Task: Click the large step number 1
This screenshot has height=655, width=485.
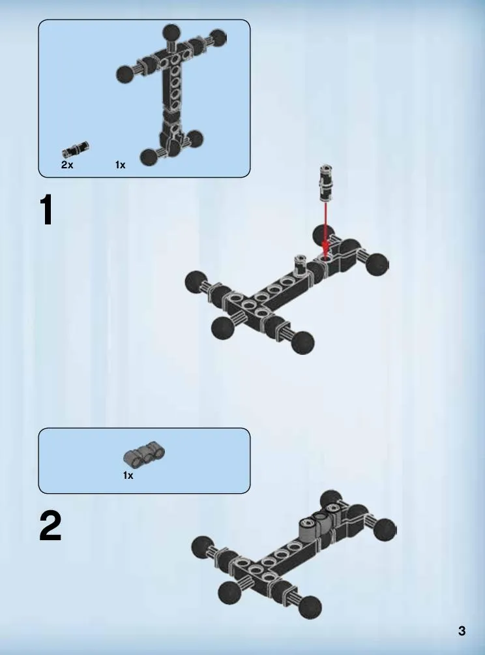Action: (x=47, y=210)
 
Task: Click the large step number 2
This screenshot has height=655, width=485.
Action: (x=50, y=526)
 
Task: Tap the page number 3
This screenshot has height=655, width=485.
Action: (x=462, y=631)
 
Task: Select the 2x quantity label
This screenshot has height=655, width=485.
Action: (x=67, y=164)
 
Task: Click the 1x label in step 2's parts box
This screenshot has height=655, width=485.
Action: (x=128, y=476)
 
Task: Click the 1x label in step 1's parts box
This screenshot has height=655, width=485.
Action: (x=120, y=165)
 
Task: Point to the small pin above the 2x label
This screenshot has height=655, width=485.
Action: (x=76, y=149)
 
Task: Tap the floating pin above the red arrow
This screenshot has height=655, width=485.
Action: (x=327, y=183)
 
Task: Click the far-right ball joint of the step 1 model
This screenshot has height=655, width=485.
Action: (x=377, y=264)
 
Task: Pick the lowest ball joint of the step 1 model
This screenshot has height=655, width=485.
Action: (x=302, y=343)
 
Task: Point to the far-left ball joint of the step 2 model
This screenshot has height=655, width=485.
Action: (x=202, y=547)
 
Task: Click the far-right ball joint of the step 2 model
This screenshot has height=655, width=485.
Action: (x=385, y=530)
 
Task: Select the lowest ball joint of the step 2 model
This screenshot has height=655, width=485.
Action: (x=310, y=607)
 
